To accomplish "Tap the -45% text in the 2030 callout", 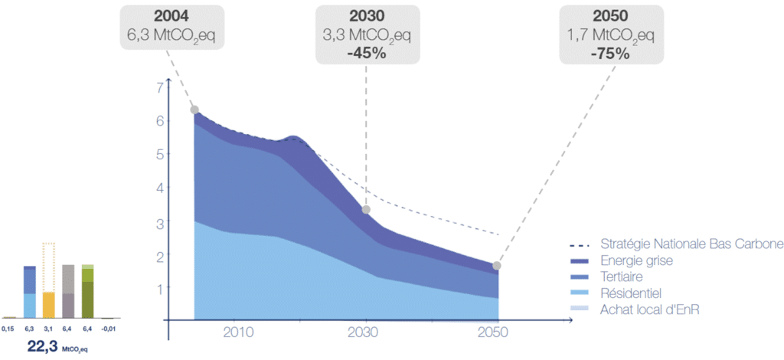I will [367, 54].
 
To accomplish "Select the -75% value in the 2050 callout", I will [609, 54].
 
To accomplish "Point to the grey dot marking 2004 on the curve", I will [194, 110].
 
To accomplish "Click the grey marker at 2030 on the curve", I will [366, 209].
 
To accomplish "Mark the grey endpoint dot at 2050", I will [498, 266].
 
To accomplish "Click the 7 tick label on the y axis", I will [160, 87].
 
